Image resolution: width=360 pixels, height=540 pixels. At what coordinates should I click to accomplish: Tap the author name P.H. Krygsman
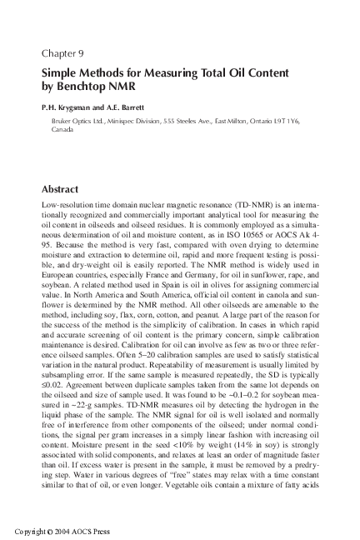(x=72, y=107)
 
